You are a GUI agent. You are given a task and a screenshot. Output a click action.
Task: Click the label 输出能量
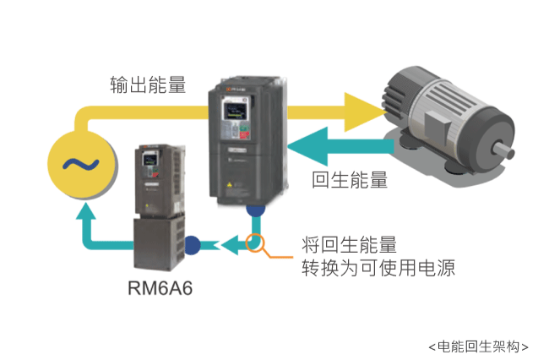(148, 85)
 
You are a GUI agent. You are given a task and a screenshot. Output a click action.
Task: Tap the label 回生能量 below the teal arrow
(350, 180)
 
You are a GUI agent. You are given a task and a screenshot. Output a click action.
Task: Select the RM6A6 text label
(160, 288)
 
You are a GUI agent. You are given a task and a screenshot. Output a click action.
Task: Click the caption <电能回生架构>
(478, 346)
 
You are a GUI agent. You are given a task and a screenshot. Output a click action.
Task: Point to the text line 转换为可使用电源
(378, 268)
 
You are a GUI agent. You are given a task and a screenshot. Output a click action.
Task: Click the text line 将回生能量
(349, 244)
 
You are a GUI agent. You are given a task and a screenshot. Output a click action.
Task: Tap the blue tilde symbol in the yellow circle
(81, 164)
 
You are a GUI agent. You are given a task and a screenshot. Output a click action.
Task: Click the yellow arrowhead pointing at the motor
(365, 112)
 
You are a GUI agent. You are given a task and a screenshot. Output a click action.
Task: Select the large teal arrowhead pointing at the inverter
(307, 146)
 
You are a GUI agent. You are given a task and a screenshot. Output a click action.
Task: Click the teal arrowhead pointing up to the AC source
(86, 211)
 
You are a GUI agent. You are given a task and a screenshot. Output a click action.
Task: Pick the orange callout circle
(255, 243)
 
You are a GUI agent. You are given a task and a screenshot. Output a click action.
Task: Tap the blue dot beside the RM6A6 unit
(193, 245)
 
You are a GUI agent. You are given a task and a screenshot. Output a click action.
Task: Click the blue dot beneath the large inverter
(256, 210)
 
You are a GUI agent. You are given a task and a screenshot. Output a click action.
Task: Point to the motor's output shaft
(504, 152)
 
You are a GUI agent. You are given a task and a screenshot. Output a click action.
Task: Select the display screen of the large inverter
(235, 112)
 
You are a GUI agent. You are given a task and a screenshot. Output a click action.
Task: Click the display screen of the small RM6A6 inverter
(149, 160)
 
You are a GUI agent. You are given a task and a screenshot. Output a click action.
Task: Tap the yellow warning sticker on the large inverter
(230, 184)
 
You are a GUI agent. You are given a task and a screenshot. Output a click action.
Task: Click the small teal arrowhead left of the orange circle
(231, 245)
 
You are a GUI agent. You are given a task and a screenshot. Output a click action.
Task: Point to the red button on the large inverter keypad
(244, 135)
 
